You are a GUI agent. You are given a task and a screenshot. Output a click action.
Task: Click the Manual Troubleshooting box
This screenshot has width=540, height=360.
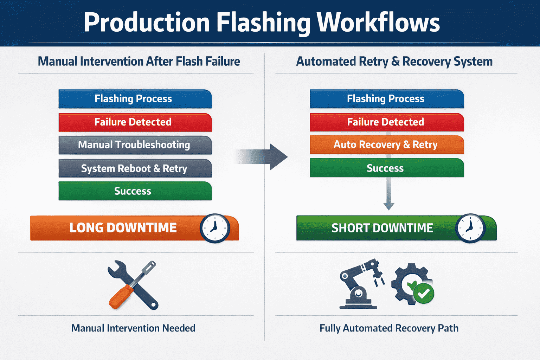[x=135, y=145]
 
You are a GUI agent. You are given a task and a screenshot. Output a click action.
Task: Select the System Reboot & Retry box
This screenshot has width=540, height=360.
[x=135, y=168]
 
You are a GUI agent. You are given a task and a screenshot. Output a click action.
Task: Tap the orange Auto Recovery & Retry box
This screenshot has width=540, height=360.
[x=387, y=145]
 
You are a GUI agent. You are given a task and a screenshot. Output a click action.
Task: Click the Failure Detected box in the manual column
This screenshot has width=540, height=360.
[x=135, y=122]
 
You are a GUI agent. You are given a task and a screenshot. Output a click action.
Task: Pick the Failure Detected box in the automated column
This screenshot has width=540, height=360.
[x=387, y=122]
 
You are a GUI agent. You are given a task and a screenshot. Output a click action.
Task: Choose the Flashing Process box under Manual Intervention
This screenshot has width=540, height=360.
[x=135, y=99]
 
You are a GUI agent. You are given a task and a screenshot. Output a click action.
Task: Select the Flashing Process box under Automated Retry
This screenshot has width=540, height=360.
[x=387, y=99]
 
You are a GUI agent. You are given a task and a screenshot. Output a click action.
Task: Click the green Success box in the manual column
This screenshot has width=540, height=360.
[x=135, y=191]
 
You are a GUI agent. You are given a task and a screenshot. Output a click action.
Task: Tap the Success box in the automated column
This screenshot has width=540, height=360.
[x=387, y=168]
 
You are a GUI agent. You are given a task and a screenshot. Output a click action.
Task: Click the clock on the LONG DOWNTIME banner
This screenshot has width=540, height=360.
[x=214, y=228]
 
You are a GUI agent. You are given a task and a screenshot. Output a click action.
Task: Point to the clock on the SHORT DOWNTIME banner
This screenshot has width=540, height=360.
[x=470, y=228]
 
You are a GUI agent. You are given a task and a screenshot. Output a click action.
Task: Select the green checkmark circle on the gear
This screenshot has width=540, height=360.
[x=424, y=294]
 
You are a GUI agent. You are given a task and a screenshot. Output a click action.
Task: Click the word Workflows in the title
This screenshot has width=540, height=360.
[x=378, y=22]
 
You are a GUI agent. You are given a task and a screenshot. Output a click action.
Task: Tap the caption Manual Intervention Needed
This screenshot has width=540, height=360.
[x=133, y=328]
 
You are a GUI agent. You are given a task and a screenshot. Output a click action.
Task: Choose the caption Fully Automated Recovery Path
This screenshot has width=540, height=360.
[x=389, y=328]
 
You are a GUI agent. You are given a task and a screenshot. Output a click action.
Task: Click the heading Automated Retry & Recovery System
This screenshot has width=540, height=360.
[x=394, y=62]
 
